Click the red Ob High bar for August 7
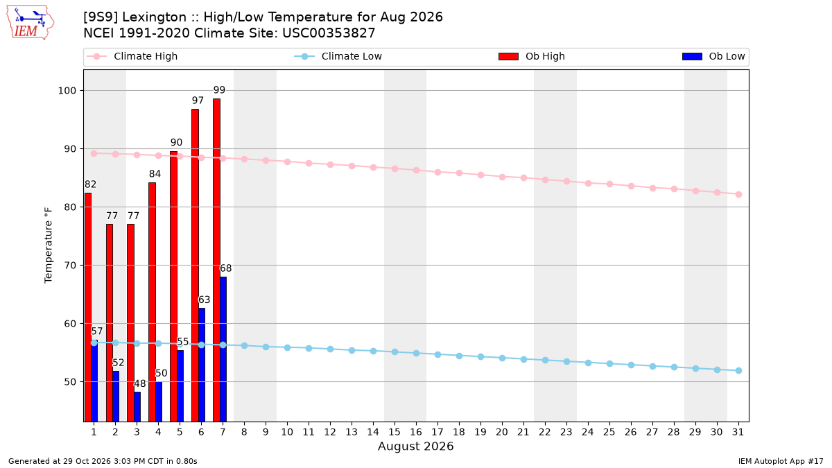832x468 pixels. click(216, 260)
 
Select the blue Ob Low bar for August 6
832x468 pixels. click(202, 365)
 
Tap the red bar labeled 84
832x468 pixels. click(152, 302)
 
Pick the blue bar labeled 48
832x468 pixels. click(137, 407)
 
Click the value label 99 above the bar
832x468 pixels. click(219, 90)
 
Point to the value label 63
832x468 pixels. click(205, 300)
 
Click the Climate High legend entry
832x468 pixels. click(132, 56)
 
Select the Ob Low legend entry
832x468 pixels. click(713, 56)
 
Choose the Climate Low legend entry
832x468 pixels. click(338, 56)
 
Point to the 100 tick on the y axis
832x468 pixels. click(67, 91)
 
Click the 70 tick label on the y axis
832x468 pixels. click(70, 265)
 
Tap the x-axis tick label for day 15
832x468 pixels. click(395, 432)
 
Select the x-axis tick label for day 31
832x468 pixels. click(738, 432)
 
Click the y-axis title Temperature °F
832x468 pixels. click(49, 245)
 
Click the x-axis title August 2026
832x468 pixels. click(415, 446)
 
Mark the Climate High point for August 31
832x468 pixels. click(738, 194)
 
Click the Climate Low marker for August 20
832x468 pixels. click(502, 358)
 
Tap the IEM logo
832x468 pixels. click(31, 23)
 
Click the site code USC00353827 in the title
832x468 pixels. click(329, 33)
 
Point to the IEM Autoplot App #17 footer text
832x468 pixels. click(781, 461)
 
